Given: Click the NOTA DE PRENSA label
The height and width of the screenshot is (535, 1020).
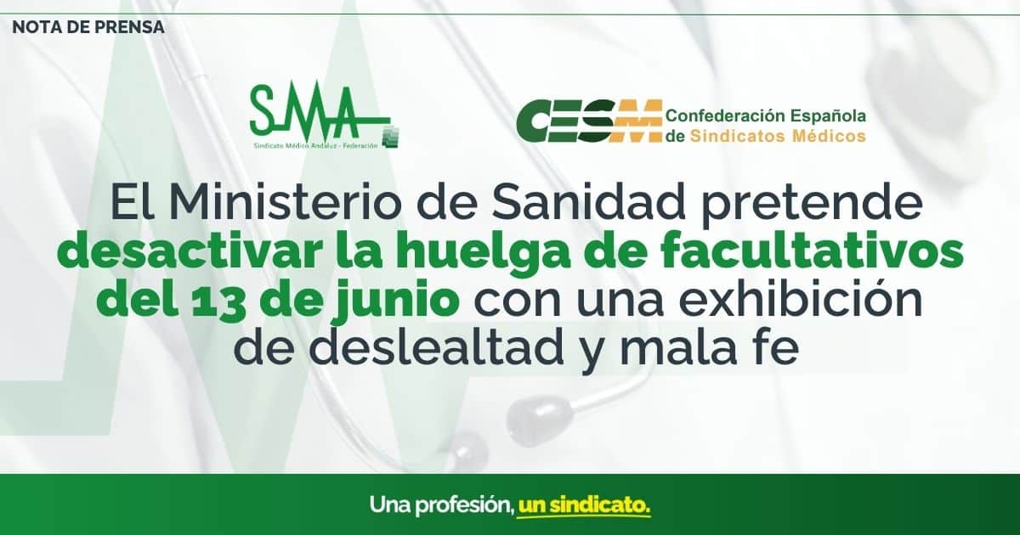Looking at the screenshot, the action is click(x=88, y=27).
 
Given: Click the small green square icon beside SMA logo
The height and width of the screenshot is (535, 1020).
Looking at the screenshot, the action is click(x=391, y=137).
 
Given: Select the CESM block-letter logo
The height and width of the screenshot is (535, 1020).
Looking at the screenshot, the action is click(x=589, y=120).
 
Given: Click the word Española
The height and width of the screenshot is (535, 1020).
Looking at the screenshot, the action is click(x=828, y=115).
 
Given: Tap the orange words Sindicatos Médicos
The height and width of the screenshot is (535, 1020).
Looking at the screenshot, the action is click(x=778, y=136).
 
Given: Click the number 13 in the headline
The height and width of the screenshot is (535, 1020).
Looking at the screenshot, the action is click(x=214, y=302).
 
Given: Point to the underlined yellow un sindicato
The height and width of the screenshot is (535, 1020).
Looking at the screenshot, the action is click(x=584, y=505).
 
